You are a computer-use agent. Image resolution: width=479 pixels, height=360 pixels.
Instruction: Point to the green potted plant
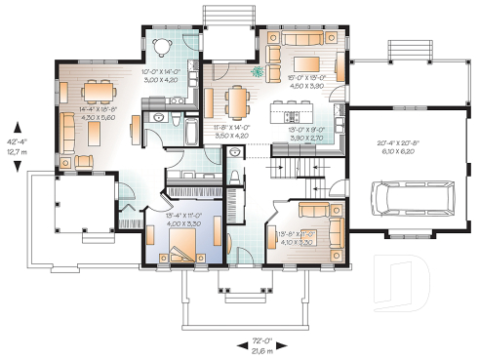258,71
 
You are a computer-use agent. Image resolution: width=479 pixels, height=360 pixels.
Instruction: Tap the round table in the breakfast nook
162,44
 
